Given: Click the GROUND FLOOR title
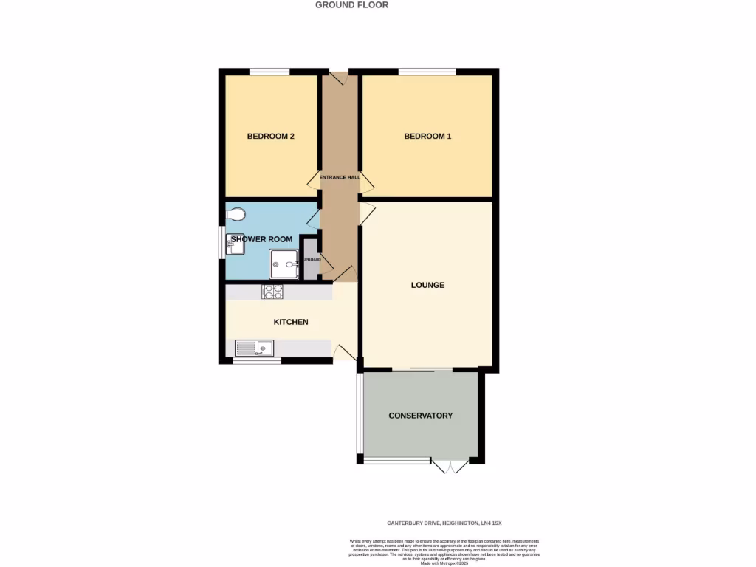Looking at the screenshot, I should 351,5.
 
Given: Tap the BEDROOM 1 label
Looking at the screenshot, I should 427,137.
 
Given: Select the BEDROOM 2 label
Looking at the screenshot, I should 271,137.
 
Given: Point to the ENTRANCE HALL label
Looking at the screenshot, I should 340,177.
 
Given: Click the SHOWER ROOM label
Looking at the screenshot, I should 261,239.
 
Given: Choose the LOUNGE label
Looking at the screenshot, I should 427,285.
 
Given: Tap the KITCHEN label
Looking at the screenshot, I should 291,322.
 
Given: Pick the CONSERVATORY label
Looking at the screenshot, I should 421,416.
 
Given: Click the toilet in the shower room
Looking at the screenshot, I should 238,214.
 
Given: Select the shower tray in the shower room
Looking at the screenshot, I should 283,263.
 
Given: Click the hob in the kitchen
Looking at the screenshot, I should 272,292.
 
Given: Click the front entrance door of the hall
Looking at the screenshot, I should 339,78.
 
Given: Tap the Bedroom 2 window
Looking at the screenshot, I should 269,72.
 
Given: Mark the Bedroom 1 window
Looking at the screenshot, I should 427,72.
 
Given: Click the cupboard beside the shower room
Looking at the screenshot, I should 310,259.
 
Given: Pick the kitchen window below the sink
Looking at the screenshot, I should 258,361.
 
